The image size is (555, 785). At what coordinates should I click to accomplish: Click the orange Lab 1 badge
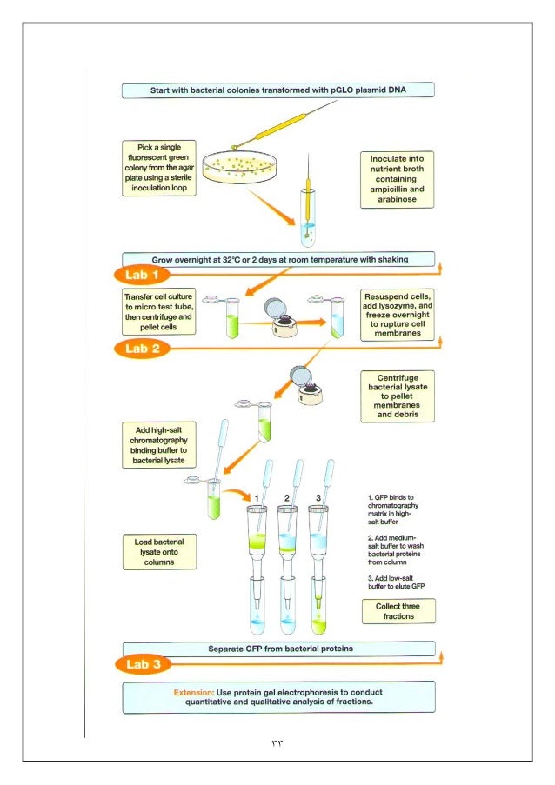[142, 275]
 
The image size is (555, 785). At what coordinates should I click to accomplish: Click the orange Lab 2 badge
[143, 349]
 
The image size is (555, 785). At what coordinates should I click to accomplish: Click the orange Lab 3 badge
[144, 664]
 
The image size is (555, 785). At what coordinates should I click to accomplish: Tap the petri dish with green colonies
[239, 167]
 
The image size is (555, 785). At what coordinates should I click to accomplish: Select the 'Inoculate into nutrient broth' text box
[398, 179]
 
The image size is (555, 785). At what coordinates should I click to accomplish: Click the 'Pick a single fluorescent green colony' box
[159, 168]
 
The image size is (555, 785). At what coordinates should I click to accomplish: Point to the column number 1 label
[257, 498]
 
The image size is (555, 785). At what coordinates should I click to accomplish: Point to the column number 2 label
[286, 498]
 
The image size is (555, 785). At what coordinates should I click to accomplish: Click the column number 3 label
[318, 498]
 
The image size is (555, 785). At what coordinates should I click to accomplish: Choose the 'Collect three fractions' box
[398, 611]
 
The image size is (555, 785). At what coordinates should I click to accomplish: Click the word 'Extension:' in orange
[194, 692]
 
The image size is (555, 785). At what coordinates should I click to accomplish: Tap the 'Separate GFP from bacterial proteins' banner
[279, 649]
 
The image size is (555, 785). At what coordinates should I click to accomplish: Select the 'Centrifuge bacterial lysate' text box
[398, 396]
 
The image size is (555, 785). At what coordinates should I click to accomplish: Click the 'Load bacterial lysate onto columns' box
[159, 552]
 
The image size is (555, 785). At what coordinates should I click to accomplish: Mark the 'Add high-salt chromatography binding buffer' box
[159, 445]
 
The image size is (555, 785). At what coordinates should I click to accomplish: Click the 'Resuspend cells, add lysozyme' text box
[398, 315]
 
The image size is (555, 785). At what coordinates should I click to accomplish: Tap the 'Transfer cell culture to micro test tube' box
[159, 311]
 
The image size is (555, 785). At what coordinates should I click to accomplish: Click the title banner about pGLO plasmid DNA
[278, 90]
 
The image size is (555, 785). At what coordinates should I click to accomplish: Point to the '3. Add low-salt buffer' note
[396, 582]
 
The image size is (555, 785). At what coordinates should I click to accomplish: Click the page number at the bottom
[277, 743]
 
